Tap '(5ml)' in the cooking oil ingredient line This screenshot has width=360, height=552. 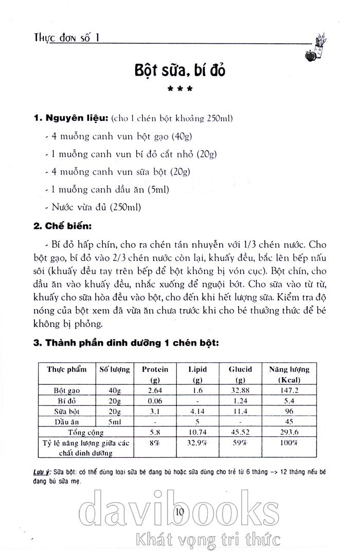(x=158, y=189)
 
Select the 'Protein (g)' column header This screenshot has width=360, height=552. (x=155, y=374)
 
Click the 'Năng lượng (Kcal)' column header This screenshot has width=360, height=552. (x=289, y=374)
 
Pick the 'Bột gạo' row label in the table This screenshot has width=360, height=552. (x=67, y=390)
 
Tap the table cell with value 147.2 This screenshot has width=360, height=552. (x=289, y=390)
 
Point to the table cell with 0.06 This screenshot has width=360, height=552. (x=155, y=401)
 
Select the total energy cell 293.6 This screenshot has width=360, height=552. (x=289, y=432)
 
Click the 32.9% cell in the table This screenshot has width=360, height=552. (x=196, y=442)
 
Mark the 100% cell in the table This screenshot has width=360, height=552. (x=289, y=442)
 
